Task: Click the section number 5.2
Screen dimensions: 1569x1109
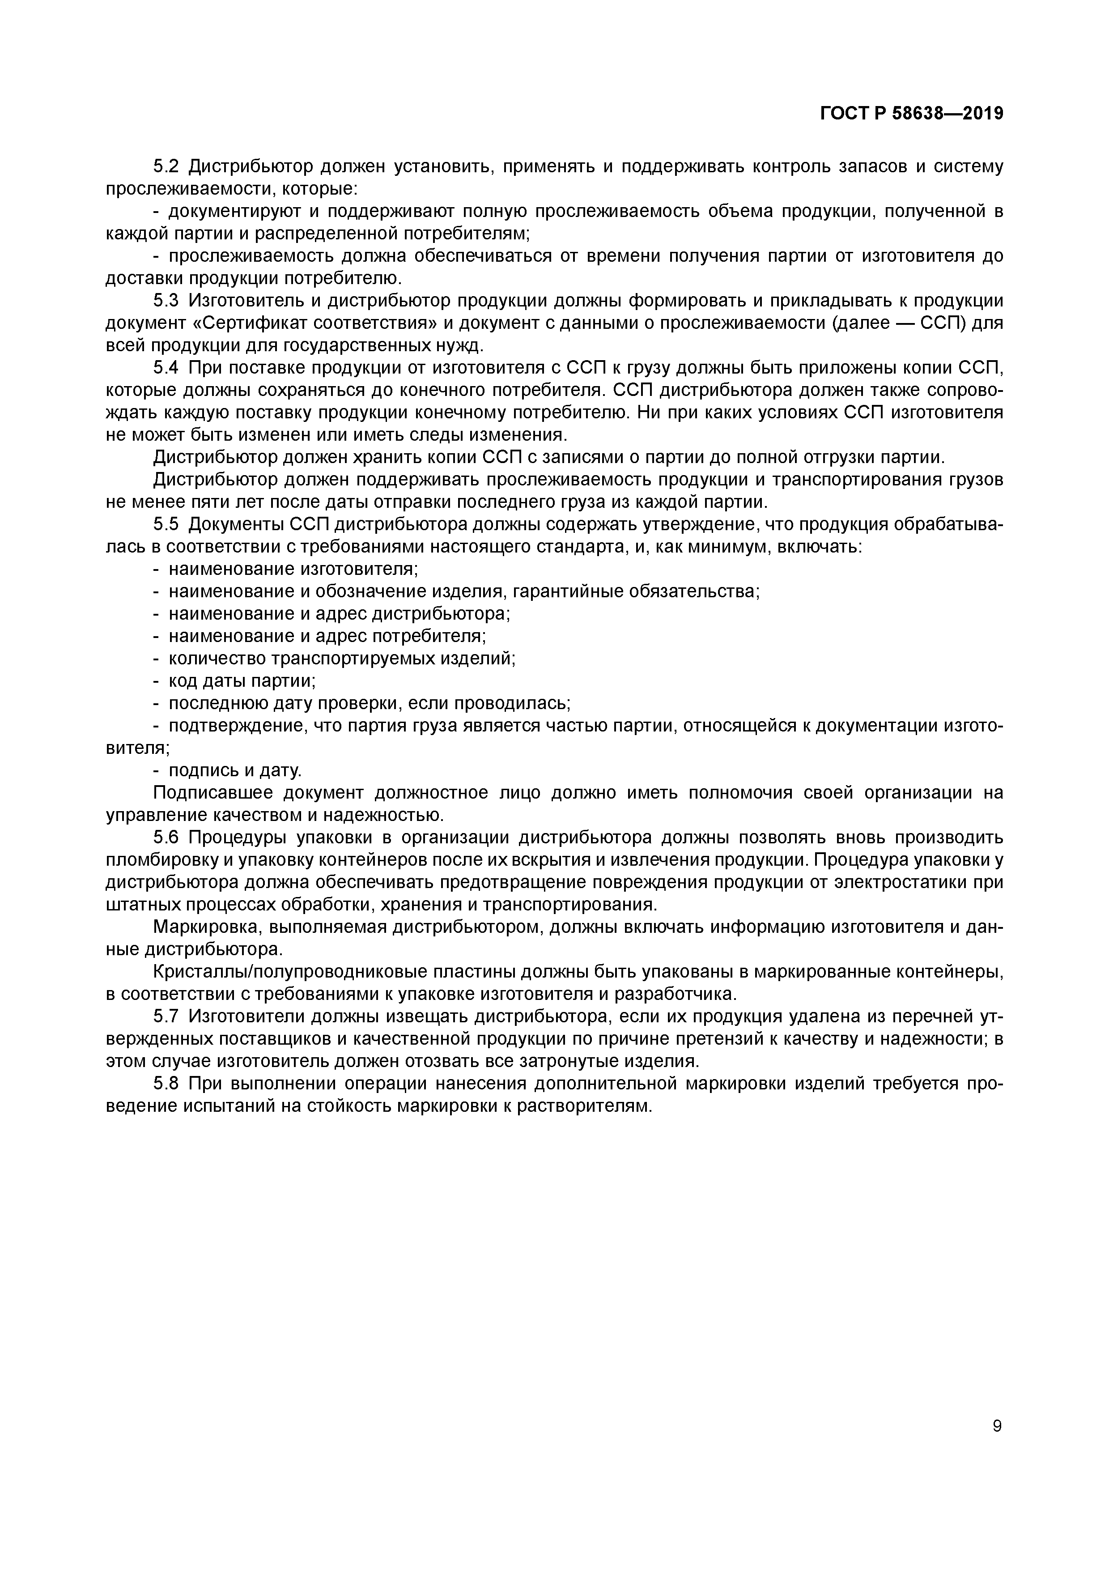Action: (166, 166)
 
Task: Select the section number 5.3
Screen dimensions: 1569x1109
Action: (166, 301)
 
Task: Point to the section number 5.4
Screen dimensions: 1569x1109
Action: (166, 368)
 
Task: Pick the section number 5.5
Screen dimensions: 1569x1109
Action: (166, 524)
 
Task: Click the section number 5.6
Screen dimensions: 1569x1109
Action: (166, 838)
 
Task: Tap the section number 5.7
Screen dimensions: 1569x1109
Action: (166, 1017)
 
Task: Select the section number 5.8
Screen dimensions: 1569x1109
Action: (166, 1084)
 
